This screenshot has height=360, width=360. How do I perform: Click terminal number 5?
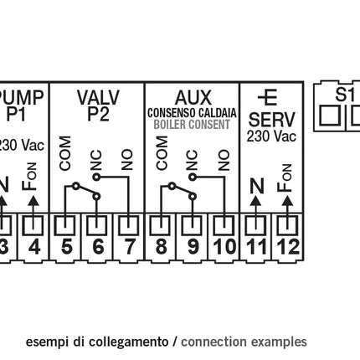click(x=66, y=247)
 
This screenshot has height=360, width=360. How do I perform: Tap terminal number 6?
click(x=97, y=247)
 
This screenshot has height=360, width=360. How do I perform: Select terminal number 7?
click(x=128, y=247)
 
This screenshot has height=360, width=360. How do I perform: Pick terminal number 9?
click(x=193, y=247)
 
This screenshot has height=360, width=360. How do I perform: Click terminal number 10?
click(x=224, y=247)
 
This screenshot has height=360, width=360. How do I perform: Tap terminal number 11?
click(x=256, y=247)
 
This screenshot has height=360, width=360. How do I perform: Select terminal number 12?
click(x=287, y=247)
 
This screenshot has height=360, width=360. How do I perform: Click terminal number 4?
click(x=33, y=247)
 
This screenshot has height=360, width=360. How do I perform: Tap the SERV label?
click(x=272, y=119)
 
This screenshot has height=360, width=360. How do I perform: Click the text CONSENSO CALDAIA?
click(x=193, y=112)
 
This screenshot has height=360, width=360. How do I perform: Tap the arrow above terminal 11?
click(x=256, y=202)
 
